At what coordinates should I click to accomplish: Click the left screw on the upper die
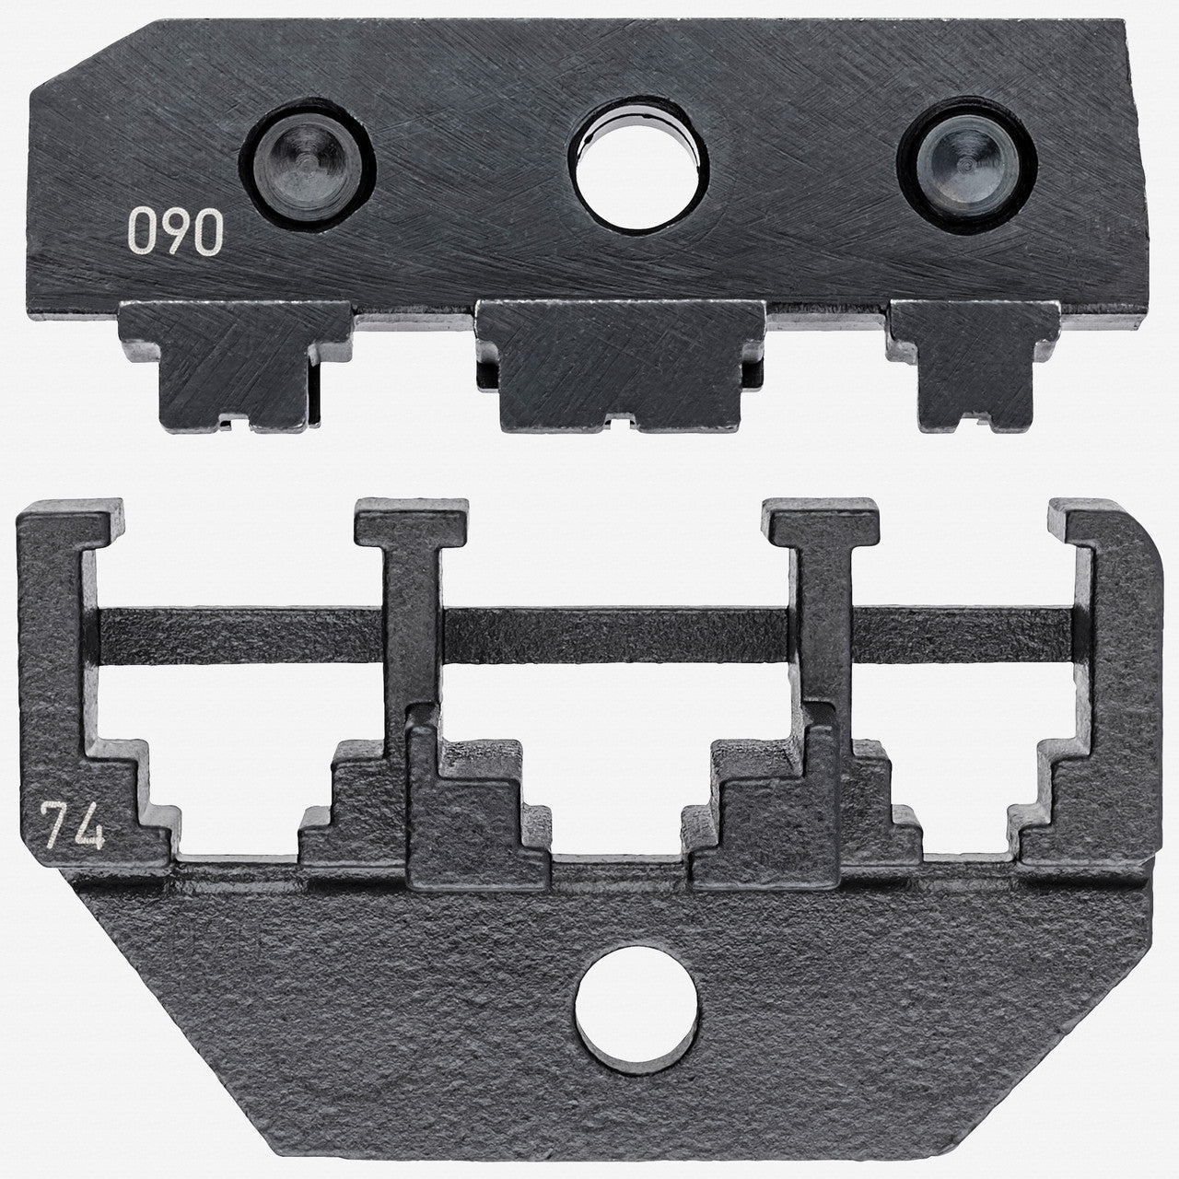(307, 165)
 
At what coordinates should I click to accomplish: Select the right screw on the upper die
(967, 165)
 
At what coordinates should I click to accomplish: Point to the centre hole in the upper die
(638, 164)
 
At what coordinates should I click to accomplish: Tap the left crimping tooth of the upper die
(236, 366)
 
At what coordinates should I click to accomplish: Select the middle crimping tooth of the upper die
(621, 366)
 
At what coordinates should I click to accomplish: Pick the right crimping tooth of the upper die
(974, 366)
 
